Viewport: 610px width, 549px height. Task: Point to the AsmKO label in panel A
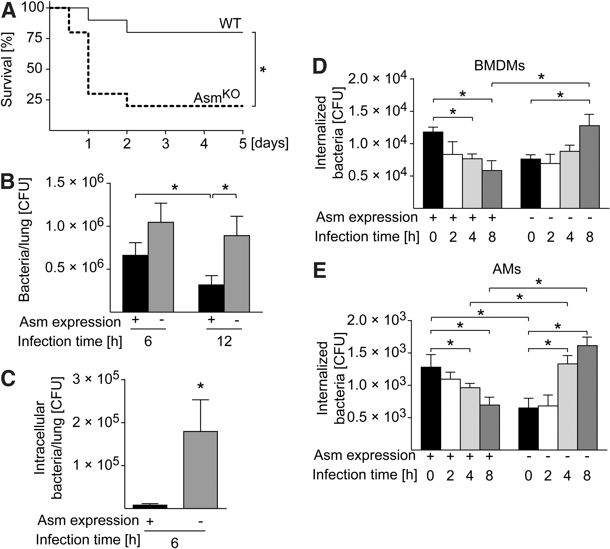click(x=217, y=97)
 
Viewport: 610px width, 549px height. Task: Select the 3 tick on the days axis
click(x=166, y=144)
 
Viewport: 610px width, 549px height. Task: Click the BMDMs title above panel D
click(x=499, y=65)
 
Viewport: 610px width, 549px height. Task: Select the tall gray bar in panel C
click(x=200, y=470)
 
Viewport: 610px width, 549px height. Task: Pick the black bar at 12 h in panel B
click(x=211, y=298)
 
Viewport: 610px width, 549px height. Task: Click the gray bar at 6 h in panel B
click(x=161, y=267)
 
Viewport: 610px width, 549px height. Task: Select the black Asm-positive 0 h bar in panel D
click(x=433, y=170)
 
